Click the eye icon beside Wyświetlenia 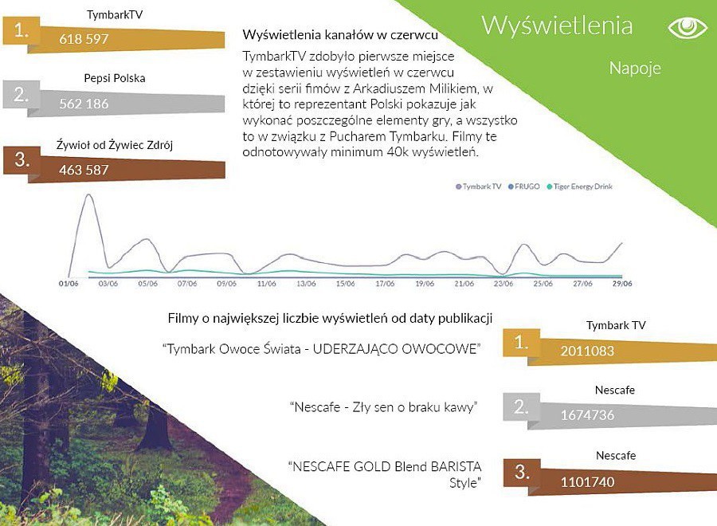point(688,27)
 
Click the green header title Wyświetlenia point(557,26)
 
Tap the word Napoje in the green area point(635,69)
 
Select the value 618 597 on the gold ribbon point(84,39)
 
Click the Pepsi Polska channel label point(114,78)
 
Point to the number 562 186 point(84,104)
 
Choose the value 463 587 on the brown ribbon point(84,170)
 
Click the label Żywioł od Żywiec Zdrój point(114,145)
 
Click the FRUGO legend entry point(524,186)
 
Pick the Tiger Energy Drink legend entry point(579,186)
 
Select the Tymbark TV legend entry point(478,186)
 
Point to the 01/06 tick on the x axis point(69,284)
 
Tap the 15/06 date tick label point(345,284)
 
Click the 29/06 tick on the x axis point(622,284)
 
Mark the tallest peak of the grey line point(88,194)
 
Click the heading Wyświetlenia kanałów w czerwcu point(340,35)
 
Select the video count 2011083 point(587,351)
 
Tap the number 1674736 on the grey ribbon point(587,415)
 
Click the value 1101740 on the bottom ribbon point(587,482)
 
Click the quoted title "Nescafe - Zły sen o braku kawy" point(384,407)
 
